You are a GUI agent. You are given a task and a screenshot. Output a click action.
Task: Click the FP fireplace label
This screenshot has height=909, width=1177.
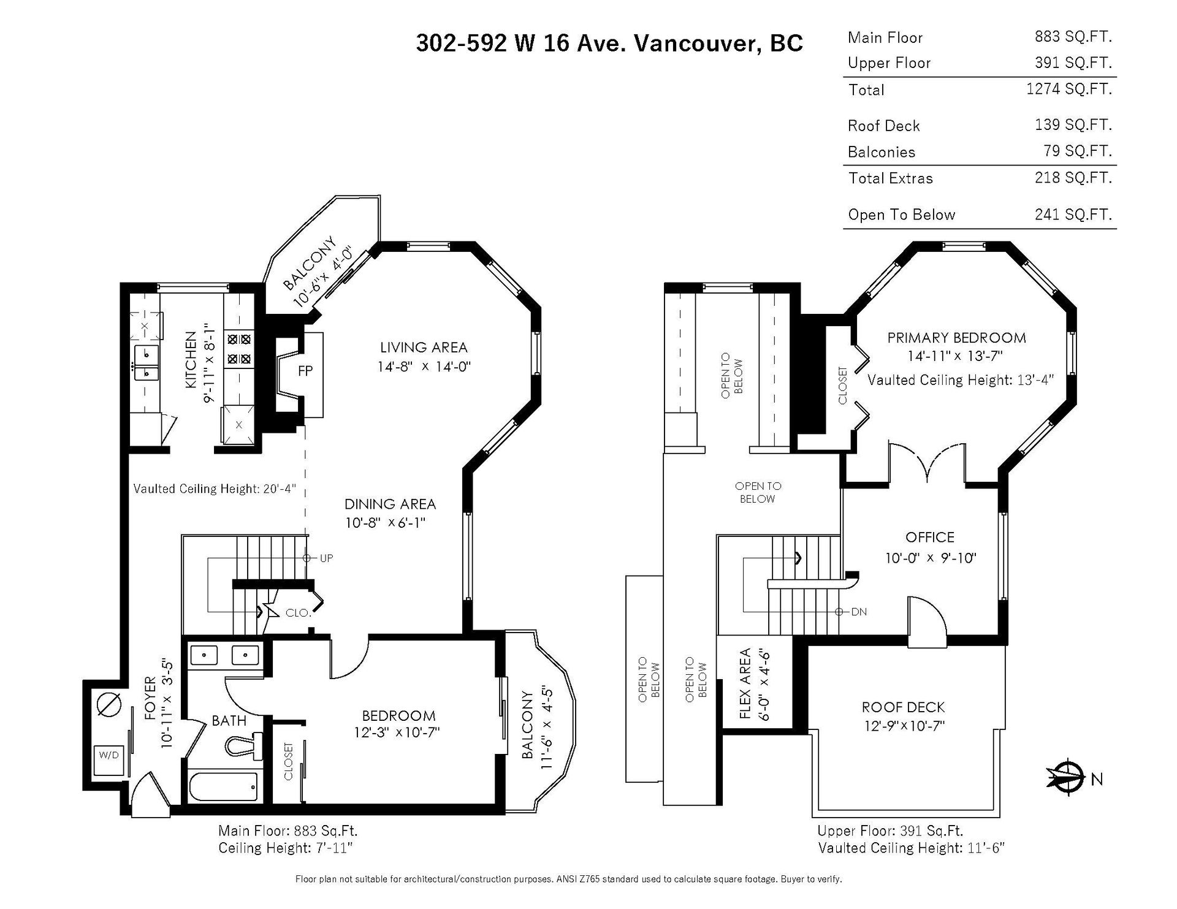click(x=305, y=370)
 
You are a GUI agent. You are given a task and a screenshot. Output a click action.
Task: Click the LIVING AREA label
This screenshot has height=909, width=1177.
click(x=424, y=348)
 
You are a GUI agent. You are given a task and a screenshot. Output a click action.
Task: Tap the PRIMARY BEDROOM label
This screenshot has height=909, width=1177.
click(x=956, y=338)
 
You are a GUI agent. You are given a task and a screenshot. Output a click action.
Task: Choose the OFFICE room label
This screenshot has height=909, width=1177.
click(x=930, y=538)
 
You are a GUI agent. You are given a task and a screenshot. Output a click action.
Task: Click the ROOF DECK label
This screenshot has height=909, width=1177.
click(x=903, y=707)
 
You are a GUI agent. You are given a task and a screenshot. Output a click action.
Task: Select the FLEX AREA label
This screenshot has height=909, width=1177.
click(x=745, y=683)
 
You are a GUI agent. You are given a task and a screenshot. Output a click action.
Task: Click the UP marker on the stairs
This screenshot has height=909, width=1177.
click(x=326, y=558)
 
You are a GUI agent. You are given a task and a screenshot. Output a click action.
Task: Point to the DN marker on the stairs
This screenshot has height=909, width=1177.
click(x=859, y=612)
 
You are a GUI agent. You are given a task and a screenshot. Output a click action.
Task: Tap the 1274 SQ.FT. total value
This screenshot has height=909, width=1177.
click(x=1069, y=89)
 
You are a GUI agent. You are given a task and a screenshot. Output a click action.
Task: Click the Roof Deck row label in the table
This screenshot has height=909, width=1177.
click(x=883, y=126)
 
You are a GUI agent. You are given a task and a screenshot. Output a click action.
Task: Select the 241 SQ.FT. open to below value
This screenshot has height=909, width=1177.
click(x=1073, y=214)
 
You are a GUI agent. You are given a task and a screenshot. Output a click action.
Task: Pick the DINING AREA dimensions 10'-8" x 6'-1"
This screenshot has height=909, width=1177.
click(x=386, y=523)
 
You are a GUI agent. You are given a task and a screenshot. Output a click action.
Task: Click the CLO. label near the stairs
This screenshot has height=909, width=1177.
click(x=299, y=612)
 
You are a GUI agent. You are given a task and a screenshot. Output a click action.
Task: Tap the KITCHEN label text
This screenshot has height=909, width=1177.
click(x=191, y=360)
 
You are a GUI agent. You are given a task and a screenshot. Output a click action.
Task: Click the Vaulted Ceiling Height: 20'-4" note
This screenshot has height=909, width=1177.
click(x=215, y=489)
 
